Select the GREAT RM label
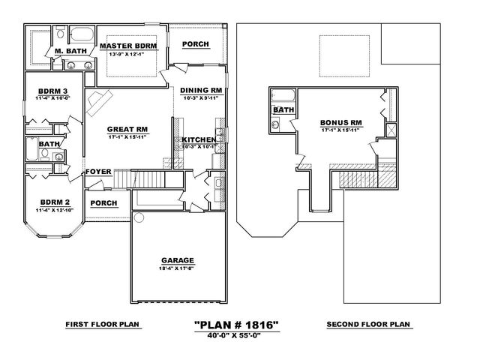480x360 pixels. (x=127, y=129)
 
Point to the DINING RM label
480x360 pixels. (x=202, y=91)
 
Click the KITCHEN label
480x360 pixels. (x=199, y=140)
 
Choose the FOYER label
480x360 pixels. (x=98, y=172)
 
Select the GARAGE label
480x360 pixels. (x=177, y=262)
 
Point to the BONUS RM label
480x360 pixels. (x=341, y=122)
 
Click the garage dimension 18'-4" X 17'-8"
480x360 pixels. (x=177, y=268)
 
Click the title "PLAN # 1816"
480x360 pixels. (x=237, y=325)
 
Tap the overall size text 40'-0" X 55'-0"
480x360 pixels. (x=237, y=335)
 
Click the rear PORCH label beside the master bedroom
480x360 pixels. (x=196, y=44)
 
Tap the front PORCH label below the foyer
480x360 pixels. (x=103, y=203)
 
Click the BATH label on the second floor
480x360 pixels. (x=283, y=110)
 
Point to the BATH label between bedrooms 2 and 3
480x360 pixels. (x=49, y=144)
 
